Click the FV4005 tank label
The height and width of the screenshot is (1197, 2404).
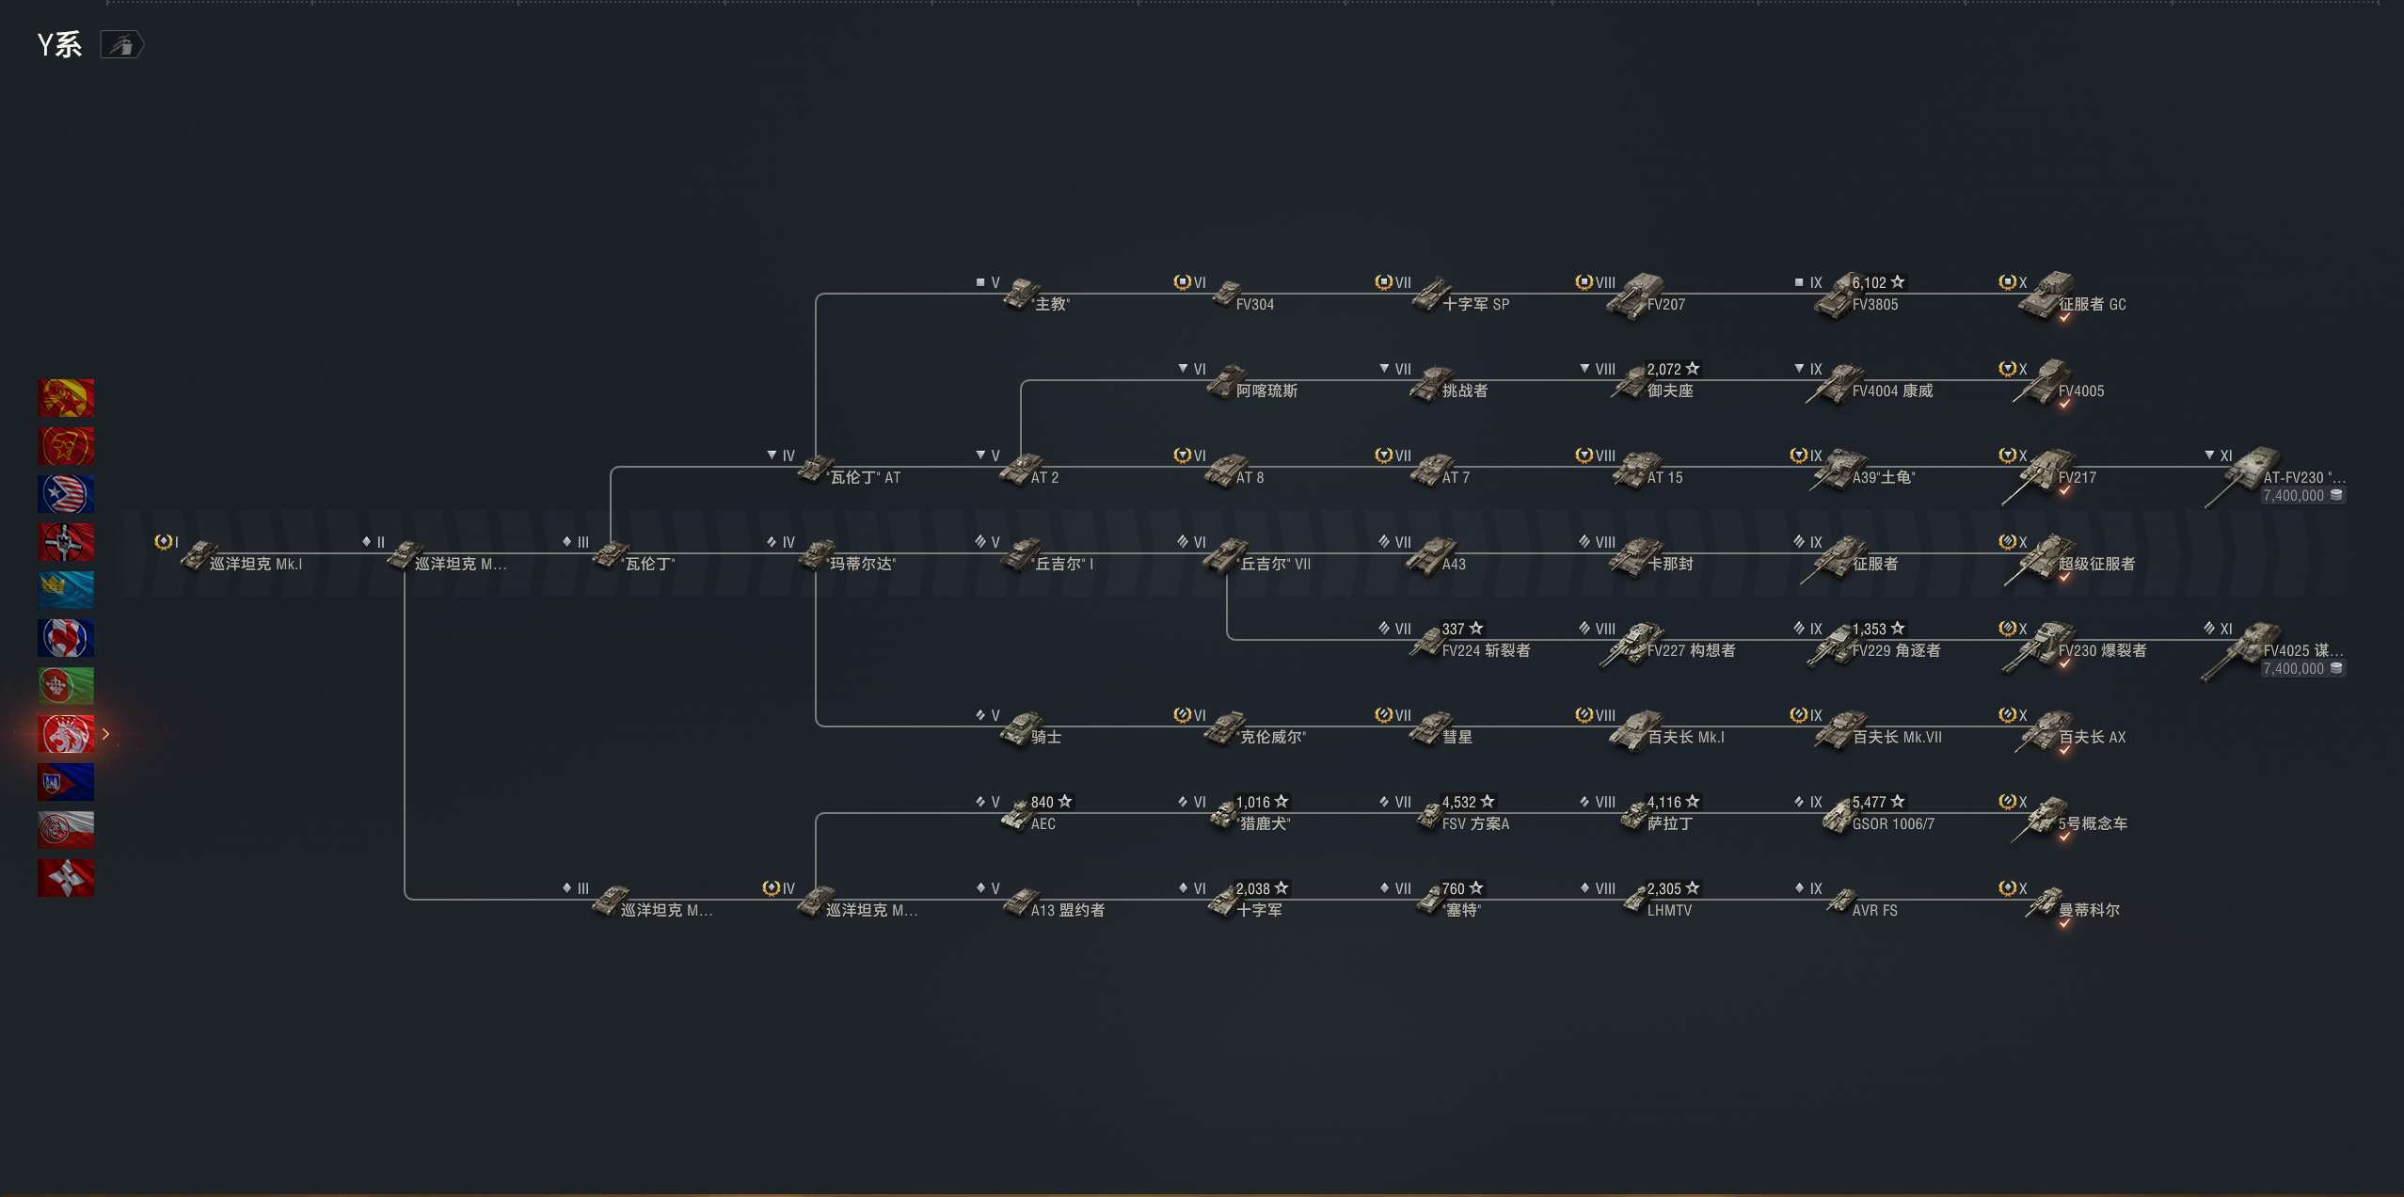click(2080, 391)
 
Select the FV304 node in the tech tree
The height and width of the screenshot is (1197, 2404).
click(1254, 305)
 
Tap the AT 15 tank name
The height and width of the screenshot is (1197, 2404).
click(1664, 478)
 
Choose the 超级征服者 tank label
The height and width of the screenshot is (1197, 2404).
click(2096, 565)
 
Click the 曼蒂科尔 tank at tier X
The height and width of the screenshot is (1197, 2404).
click(2089, 911)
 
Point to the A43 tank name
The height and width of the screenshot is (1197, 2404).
click(1454, 565)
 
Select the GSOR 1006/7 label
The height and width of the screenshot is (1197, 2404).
click(1893, 824)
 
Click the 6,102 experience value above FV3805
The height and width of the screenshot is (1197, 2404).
click(1870, 282)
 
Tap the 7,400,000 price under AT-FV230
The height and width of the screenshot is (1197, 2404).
click(2293, 496)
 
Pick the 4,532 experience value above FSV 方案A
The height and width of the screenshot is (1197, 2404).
click(1459, 802)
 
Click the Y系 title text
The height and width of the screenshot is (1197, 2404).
click(59, 45)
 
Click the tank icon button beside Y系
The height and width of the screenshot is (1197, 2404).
click(121, 45)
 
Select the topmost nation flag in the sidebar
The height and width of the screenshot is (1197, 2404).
click(66, 398)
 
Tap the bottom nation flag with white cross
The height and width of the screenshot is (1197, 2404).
click(66, 878)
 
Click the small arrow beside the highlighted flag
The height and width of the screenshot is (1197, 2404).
click(105, 734)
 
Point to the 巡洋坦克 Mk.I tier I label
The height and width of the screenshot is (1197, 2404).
click(255, 565)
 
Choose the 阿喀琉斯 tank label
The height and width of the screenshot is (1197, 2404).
click(1266, 391)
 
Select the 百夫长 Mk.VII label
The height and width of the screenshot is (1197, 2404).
click(1897, 738)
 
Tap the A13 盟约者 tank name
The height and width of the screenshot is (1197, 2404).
click(1067, 911)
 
